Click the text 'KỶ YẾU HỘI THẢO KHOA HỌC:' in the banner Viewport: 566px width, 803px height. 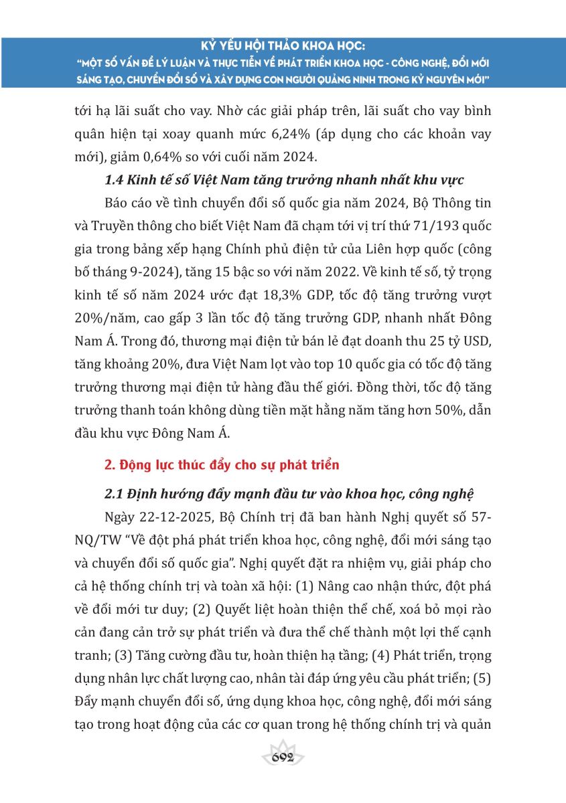(x=283, y=48)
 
